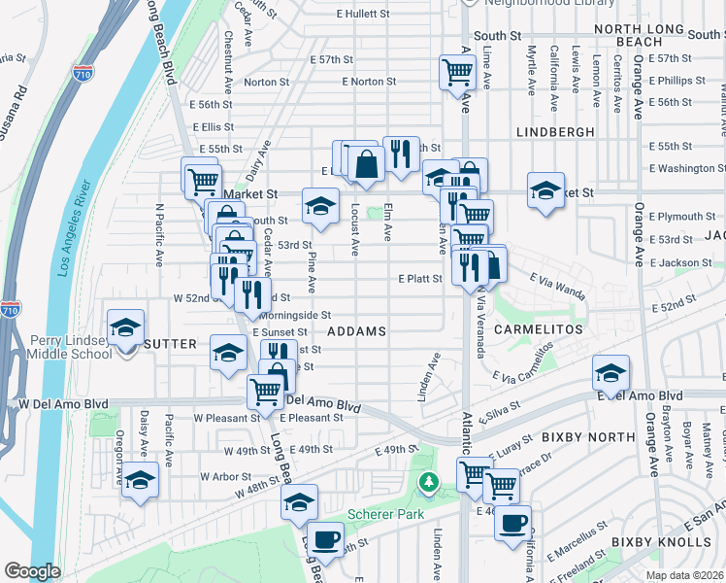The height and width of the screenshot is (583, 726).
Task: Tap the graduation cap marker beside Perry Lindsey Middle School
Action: pos(125,328)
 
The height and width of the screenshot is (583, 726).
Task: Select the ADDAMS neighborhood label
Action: pos(357,331)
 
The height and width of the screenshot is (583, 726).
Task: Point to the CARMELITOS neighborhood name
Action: pos(538,329)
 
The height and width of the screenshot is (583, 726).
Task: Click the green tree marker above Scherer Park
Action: pos(427,482)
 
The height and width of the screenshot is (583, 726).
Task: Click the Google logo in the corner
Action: pos(32,571)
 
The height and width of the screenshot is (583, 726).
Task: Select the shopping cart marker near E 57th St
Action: pos(456,72)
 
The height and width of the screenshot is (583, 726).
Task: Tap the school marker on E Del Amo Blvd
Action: pos(610,373)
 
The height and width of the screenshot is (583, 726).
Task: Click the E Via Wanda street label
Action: pos(557,285)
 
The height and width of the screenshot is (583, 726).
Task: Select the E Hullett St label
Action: pos(362,15)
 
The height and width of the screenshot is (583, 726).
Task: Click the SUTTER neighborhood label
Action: pos(171,344)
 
